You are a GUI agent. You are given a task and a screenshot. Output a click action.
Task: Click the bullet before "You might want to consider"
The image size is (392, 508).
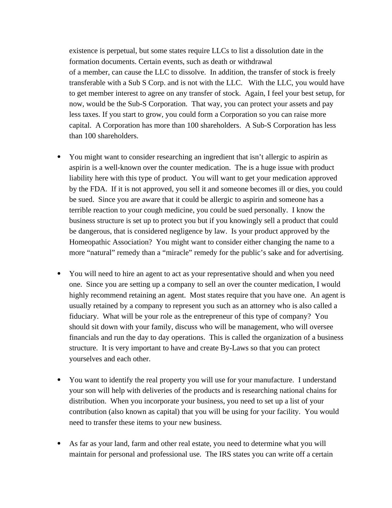point(59,157)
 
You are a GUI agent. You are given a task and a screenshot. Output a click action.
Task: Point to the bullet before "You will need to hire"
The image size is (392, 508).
point(59,274)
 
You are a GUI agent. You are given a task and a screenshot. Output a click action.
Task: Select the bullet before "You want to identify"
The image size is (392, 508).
point(59,380)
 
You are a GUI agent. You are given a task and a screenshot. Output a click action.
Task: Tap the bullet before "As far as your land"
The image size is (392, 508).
point(59,444)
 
